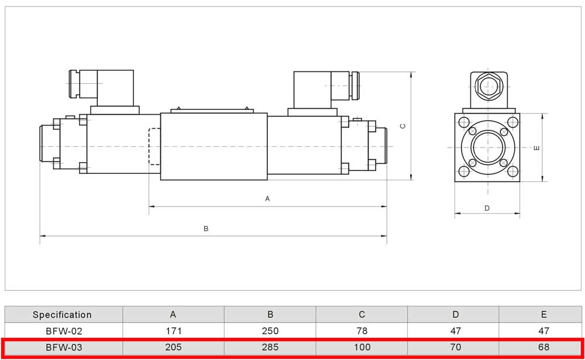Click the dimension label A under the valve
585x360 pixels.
point(267,199)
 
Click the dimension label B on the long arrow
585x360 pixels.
point(206,229)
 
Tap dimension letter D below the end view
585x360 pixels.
point(487,208)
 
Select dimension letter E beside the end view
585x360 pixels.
point(536,148)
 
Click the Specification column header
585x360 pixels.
point(62,315)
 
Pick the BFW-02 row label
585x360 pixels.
point(62,331)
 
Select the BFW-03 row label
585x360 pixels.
point(62,347)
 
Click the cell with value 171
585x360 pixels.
point(173,331)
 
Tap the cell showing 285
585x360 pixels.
point(270,347)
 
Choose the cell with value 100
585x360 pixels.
point(362,347)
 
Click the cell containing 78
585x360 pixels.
point(362,331)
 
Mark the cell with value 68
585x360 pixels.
point(544,347)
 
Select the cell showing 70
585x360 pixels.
point(456,347)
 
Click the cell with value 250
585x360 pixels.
point(270,331)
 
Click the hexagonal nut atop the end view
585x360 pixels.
point(487,88)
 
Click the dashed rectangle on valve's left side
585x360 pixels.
point(154,147)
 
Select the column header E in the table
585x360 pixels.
point(544,315)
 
